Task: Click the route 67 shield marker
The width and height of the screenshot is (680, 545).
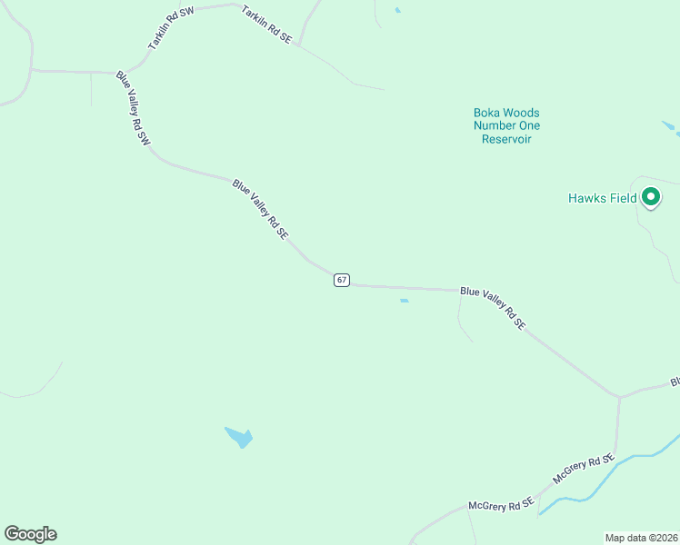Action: coord(341,280)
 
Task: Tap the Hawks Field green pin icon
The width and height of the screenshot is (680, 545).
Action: coord(651,196)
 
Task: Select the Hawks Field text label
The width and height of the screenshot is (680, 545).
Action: coord(602,198)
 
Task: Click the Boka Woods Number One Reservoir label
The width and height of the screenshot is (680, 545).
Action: coord(506,126)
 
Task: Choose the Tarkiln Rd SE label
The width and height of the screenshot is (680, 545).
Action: coord(266,25)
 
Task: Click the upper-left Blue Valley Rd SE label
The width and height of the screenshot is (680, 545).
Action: coord(260,209)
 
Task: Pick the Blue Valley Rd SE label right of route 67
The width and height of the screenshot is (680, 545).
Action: coord(493,307)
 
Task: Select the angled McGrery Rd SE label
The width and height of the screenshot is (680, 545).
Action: coord(585,469)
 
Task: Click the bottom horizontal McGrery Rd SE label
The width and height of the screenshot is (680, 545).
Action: coord(500,505)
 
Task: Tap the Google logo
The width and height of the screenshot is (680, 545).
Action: coord(30,534)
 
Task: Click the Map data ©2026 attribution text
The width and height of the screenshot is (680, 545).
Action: coord(641,537)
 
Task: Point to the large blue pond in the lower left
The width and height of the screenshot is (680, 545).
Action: coord(239,437)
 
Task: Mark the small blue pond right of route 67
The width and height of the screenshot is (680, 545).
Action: coord(404,301)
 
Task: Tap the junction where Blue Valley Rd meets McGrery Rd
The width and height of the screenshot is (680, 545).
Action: coord(619,397)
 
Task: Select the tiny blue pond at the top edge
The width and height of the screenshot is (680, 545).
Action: coord(397,10)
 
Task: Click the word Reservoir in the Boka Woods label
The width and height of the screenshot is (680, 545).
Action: coord(506,139)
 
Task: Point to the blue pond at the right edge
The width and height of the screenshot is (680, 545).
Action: coord(671,128)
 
